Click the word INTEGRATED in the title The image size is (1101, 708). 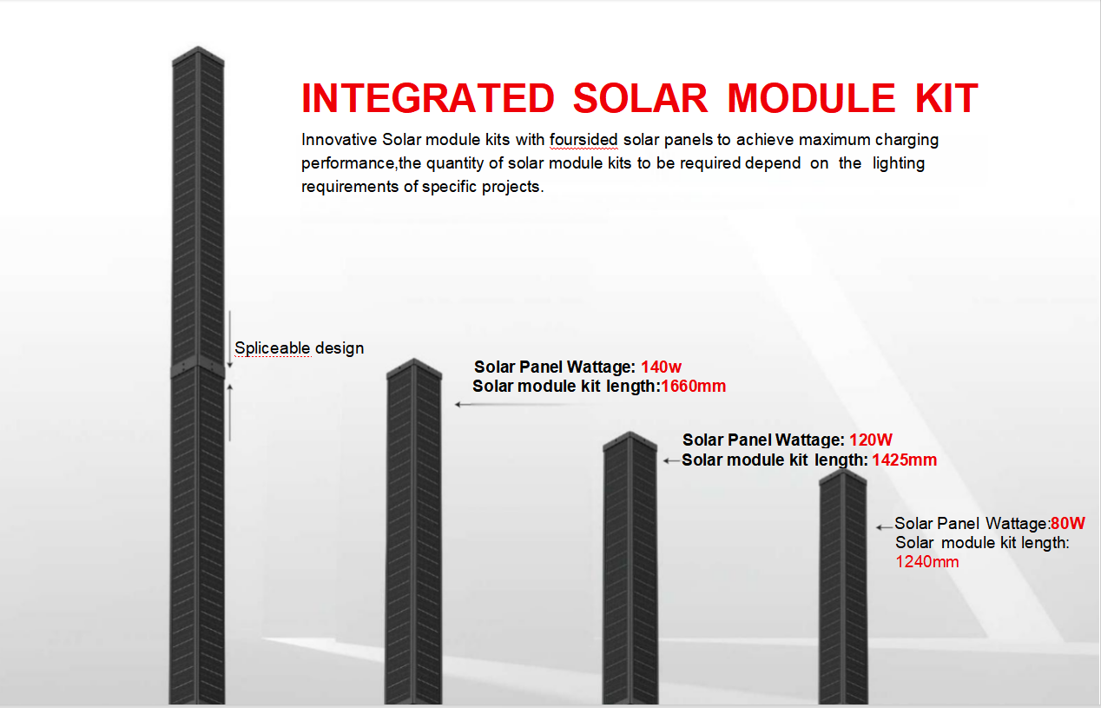click(428, 98)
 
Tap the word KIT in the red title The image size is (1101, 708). click(946, 98)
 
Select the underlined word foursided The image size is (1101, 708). click(583, 140)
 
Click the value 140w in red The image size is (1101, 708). click(661, 367)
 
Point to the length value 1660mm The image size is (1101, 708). click(694, 386)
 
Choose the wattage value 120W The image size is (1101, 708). click(871, 440)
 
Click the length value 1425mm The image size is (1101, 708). click(905, 460)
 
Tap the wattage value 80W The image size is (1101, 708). click(1068, 523)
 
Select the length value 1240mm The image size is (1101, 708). click(927, 561)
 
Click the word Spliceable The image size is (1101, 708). click(273, 348)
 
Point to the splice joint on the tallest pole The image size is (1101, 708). click(198, 371)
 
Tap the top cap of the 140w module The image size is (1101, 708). click(414, 368)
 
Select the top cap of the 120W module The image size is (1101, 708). click(630, 441)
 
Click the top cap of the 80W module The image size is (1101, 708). click(842, 478)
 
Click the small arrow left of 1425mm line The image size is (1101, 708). click(671, 460)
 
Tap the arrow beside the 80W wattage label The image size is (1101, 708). click(884, 527)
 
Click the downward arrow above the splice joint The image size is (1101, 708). click(229, 340)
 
